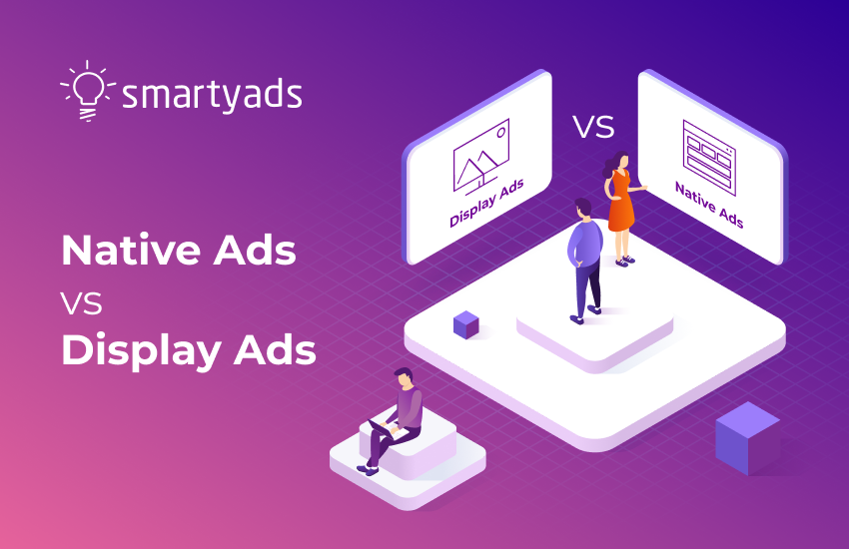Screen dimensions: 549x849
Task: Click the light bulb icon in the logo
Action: (88, 93)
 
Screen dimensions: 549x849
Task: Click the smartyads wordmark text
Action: (212, 94)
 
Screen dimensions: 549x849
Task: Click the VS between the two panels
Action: (592, 127)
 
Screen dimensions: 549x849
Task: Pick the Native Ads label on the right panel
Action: (709, 205)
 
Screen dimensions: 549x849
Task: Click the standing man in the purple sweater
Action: (585, 255)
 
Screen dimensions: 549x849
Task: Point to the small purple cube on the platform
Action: (465, 323)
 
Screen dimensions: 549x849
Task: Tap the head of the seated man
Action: (402, 377)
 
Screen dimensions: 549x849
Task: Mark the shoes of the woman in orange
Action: (625, 261)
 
